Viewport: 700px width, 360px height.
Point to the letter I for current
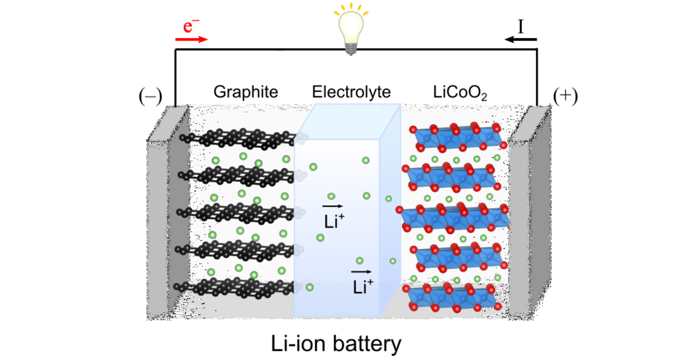click(x=521, y=25)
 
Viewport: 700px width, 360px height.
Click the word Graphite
click(x=245, y=92)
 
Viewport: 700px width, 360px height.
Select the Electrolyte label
click(x=351, y=92)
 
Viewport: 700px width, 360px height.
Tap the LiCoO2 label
click(x=460, y=92)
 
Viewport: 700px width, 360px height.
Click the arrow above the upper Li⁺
click(x=331, y=206)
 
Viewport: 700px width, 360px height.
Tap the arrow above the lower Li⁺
click(x=361, y=272)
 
